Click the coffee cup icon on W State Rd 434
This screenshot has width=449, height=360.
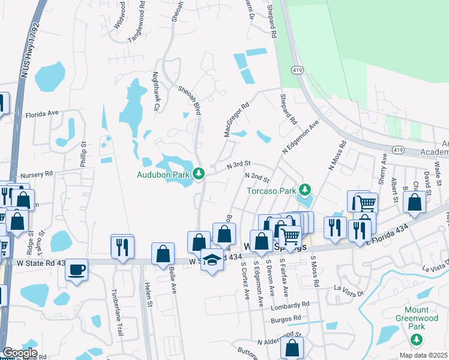[x=76, y=269]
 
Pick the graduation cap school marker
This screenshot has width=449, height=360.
[x=211, y=260]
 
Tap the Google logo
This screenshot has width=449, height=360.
[x=20, y=353]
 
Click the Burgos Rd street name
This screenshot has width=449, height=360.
[x=285, y=319]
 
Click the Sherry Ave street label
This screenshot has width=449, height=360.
[x=381, y=169]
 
